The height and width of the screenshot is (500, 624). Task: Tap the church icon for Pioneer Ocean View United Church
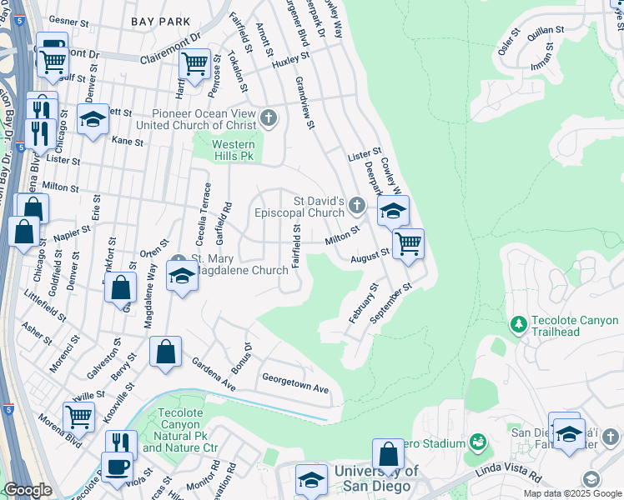click(268, 117)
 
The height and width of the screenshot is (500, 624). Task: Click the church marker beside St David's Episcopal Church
click(357, 205)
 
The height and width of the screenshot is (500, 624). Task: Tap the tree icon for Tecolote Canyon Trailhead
click(518, 322)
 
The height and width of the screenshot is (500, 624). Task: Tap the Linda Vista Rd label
click(510, 474)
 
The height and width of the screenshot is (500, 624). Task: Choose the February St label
click(364, 303)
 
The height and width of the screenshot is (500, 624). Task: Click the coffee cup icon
click(117, 467)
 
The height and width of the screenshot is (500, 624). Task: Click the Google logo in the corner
click(28, 490)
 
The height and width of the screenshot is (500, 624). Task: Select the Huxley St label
click(290, 60)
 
